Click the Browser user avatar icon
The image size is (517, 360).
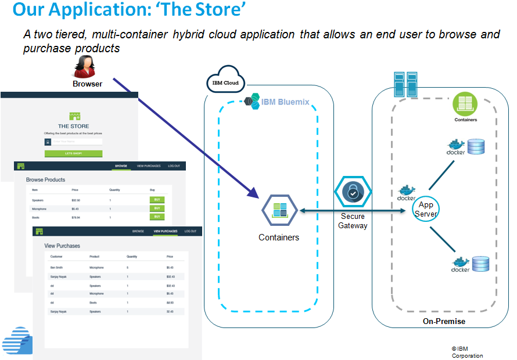point(85,67)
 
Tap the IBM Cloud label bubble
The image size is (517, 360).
point(225,82)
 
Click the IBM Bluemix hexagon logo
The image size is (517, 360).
point(252,102)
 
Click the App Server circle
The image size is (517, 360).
point(426,209)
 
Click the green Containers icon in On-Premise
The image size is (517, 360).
point(465,104)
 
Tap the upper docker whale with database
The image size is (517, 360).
point(466,146)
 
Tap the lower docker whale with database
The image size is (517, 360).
point(471,264)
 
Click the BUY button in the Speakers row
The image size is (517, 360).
point(156,199)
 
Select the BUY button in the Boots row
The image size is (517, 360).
point(156,217)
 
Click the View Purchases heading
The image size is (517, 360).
point(62,246)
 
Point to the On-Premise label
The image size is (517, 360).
point(444,321)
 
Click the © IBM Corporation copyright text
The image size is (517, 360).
point(466,352)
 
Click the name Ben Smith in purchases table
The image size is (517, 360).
point(57,268)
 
